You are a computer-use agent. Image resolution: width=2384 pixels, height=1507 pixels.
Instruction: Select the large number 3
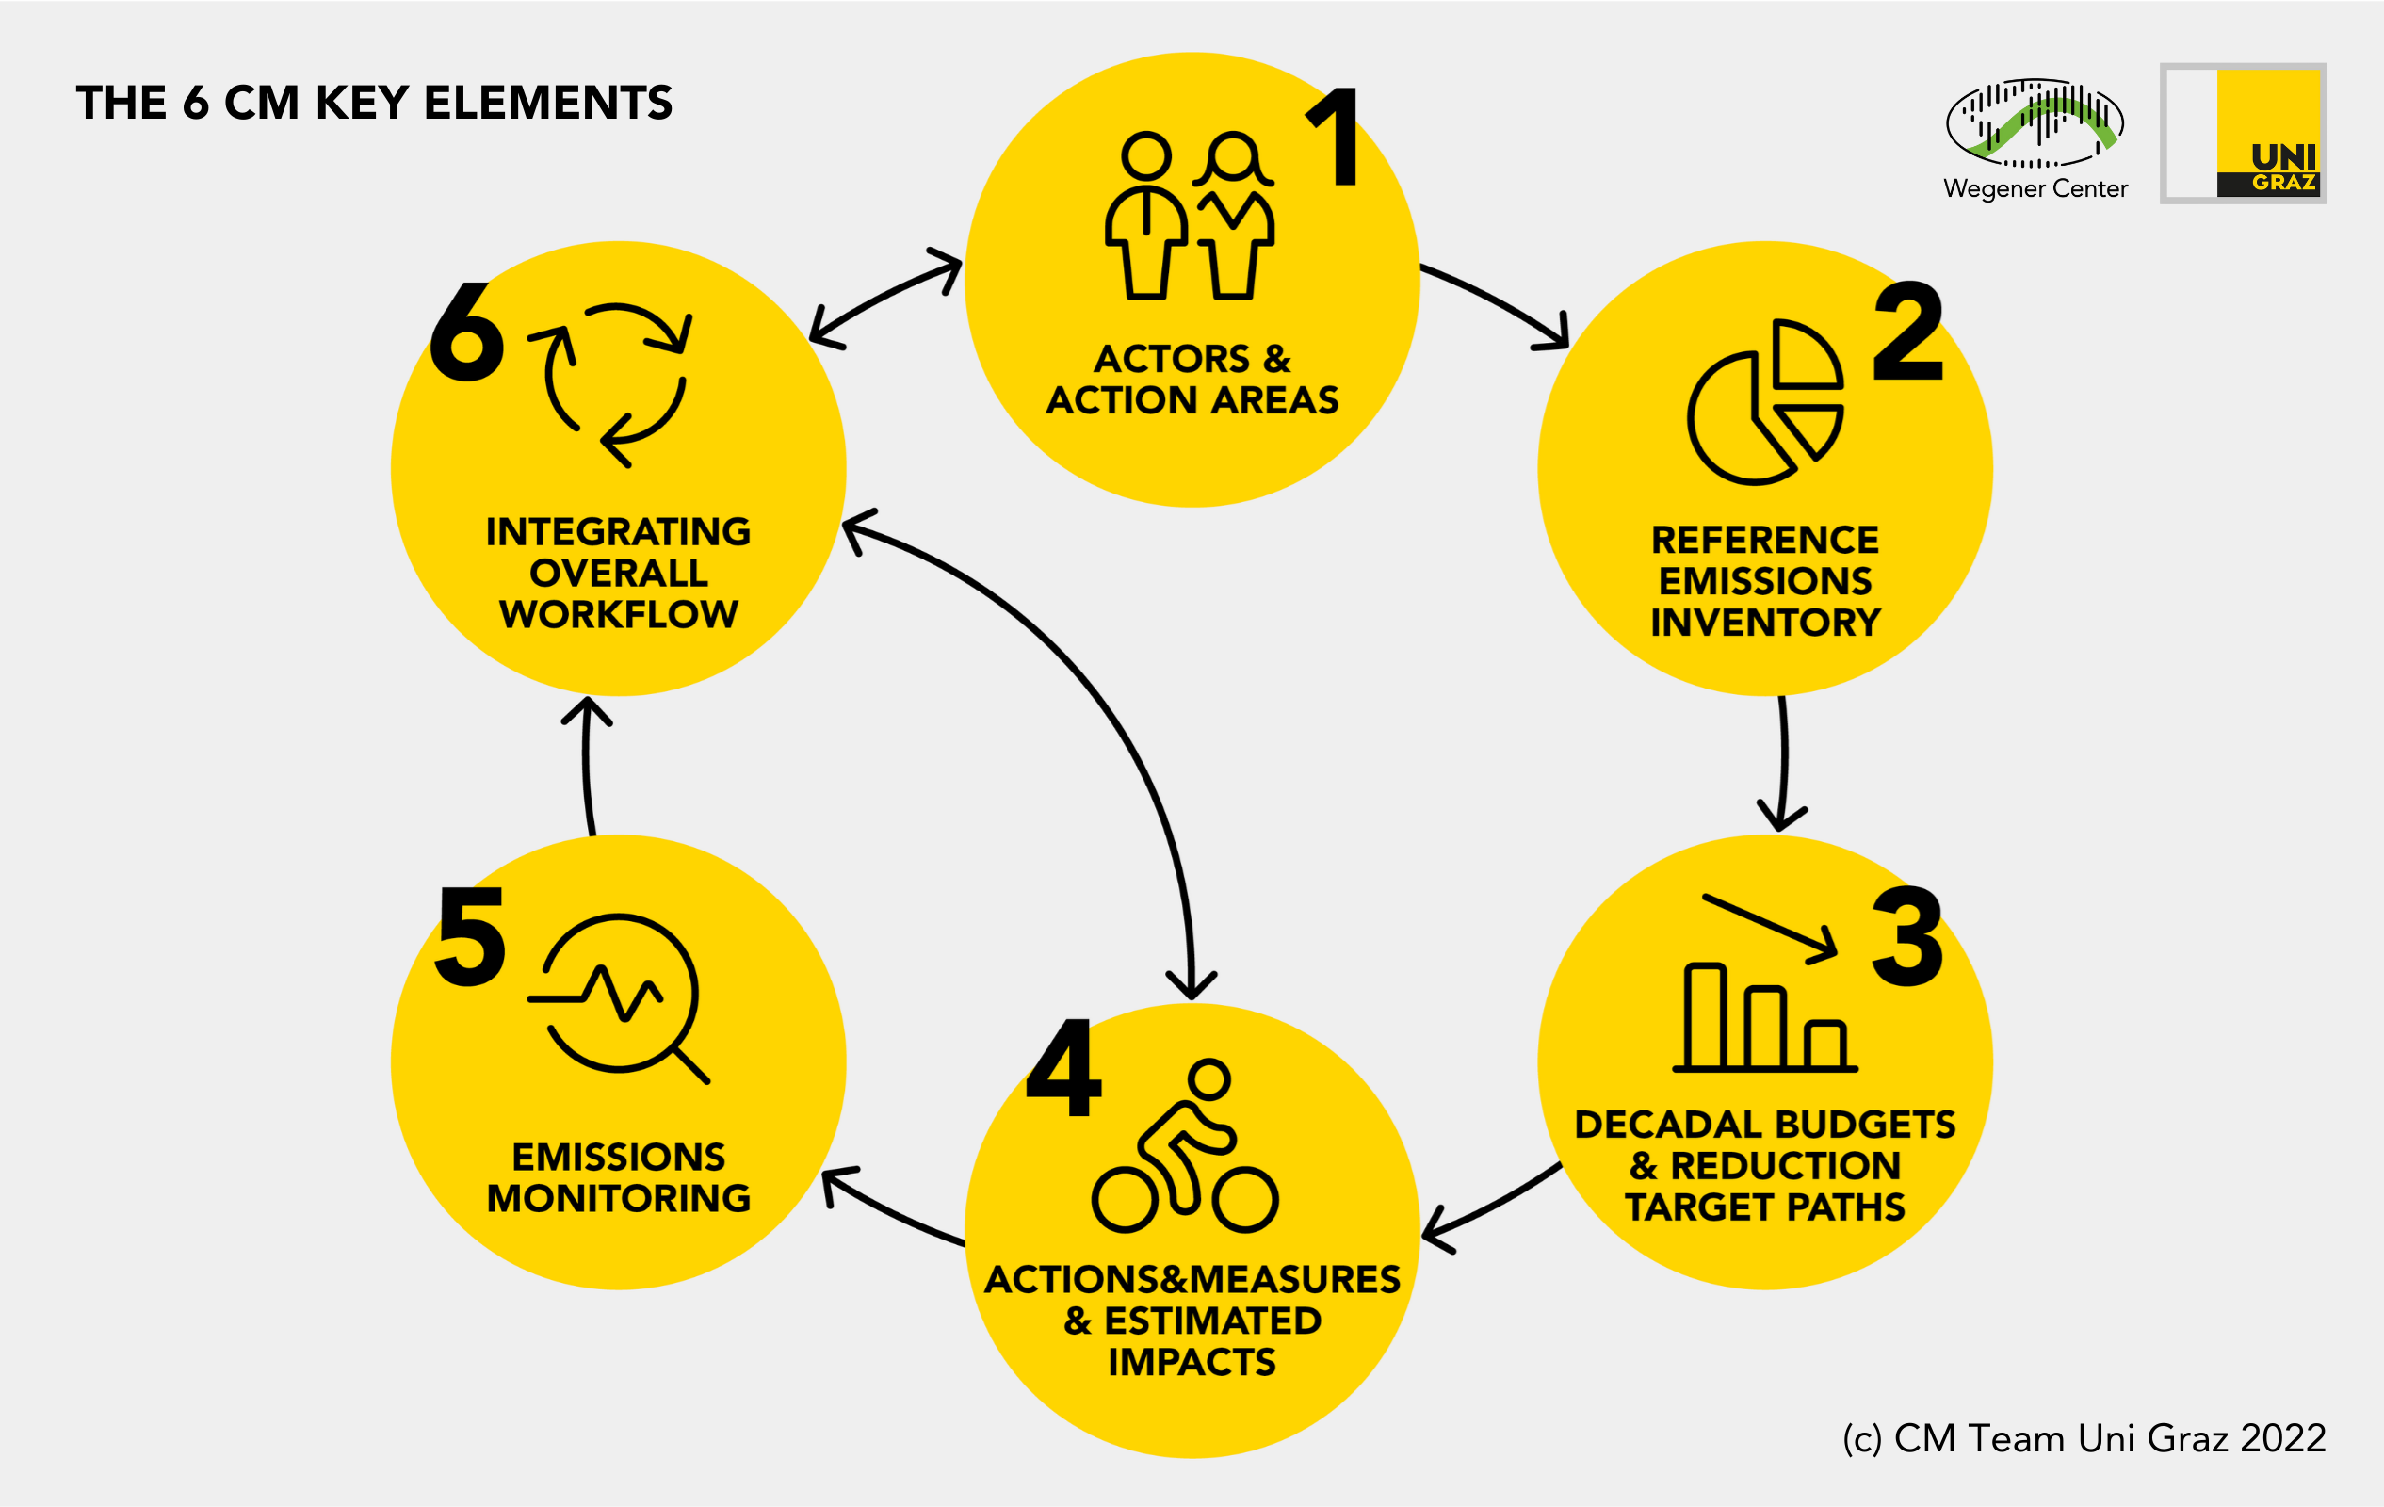1907,936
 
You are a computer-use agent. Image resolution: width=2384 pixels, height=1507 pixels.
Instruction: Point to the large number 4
1063,1067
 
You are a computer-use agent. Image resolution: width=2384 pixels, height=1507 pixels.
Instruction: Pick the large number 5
471,936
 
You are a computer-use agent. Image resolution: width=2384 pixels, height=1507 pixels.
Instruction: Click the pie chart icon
1765,402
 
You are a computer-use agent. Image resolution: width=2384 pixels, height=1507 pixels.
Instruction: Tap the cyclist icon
1185,1145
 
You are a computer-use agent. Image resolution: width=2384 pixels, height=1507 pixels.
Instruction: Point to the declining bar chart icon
1765,983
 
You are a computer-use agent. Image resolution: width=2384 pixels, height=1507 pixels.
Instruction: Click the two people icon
1190,215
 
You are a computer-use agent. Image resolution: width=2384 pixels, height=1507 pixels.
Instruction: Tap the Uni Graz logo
2244,134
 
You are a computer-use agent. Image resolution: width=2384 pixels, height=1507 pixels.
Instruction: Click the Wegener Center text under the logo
2035,188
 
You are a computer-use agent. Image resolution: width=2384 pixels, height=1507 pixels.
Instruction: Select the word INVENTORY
1765,623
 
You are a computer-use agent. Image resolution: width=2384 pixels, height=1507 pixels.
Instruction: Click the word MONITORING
619,1198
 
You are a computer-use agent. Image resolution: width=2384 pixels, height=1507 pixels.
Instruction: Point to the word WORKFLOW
619,615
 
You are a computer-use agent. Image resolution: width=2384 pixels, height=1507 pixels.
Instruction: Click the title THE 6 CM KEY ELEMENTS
374,103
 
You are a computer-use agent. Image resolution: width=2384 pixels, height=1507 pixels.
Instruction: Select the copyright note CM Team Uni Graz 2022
2110,1437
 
